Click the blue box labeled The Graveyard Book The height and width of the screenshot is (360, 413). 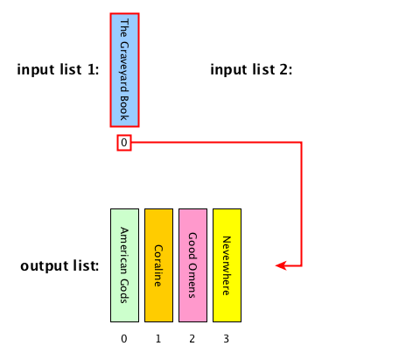pos(124,70)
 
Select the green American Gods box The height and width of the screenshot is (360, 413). pos(124,265)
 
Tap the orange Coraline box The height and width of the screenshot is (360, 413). pos(158,265)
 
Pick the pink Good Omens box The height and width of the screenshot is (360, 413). pos(192,265)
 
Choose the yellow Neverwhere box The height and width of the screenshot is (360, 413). pos(227,265)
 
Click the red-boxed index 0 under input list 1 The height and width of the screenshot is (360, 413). pos(124,143)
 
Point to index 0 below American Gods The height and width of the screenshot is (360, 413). pos(124,339)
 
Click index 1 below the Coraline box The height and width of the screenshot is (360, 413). pos(158,339)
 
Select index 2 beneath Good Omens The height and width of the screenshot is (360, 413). pos(192,339)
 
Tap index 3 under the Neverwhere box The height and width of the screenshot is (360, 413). pos(226,339)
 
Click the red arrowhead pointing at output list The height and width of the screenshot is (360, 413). pos(281,265)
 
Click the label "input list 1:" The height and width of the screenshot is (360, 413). pos(58,70)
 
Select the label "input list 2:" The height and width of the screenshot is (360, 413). pos(251,70)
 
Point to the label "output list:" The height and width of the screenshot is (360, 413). pos(59,266)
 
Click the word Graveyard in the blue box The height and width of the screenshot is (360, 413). pos(124,67)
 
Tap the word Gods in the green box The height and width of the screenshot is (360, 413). pos(124,291)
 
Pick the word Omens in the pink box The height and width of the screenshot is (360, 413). pos(192,281)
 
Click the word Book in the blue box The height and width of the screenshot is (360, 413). pos(124,108)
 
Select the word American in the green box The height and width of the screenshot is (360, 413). pos(124,251)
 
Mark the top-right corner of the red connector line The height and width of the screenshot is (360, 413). pos(301,143)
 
